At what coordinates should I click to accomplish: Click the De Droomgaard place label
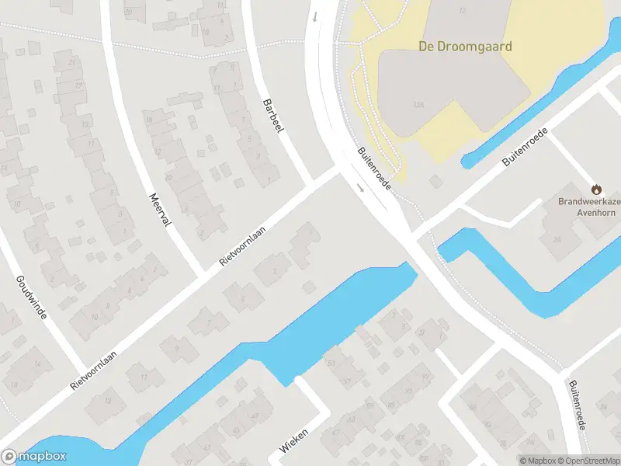(x=465, y=47)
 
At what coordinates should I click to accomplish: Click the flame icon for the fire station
(x=596, y=189)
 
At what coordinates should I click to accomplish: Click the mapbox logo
(x=33, y=457)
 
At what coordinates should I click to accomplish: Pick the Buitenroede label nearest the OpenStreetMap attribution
(x=576, y=405)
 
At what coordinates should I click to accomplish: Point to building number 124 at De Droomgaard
(x=419, y=104)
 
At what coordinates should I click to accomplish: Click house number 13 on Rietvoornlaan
(x=108, y=401)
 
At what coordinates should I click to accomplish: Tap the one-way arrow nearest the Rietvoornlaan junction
(x=360, y=188)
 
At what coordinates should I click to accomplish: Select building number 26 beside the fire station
(x=557, y=239)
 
